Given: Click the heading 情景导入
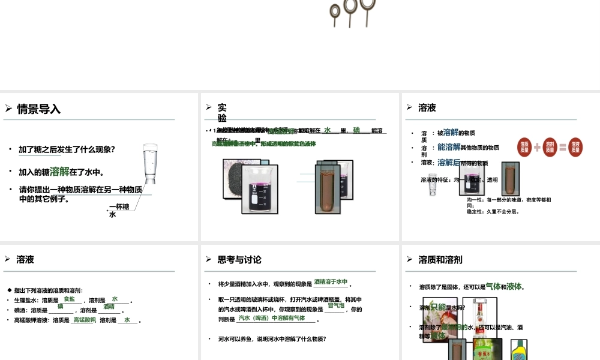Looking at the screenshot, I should coord(39,109).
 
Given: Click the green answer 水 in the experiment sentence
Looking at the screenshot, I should coord(328,130).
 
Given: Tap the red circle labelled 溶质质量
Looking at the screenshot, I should coord(525,147).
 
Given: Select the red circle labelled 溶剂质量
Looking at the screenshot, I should coord(550,147).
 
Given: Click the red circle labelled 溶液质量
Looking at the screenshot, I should coord(575,147).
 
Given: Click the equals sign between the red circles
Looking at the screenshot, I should coord(563,147).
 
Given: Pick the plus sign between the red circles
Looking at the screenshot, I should coord(537,147).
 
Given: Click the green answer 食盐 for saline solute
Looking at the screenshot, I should coord(70,299).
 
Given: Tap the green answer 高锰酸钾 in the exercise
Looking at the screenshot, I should coord(84,320).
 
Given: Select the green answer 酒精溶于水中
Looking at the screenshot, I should coord(331,282).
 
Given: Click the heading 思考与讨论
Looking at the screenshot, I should coord(239,260).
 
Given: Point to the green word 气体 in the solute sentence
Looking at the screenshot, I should coord(493,286).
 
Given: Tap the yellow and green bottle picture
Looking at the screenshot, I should coord(518,351).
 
